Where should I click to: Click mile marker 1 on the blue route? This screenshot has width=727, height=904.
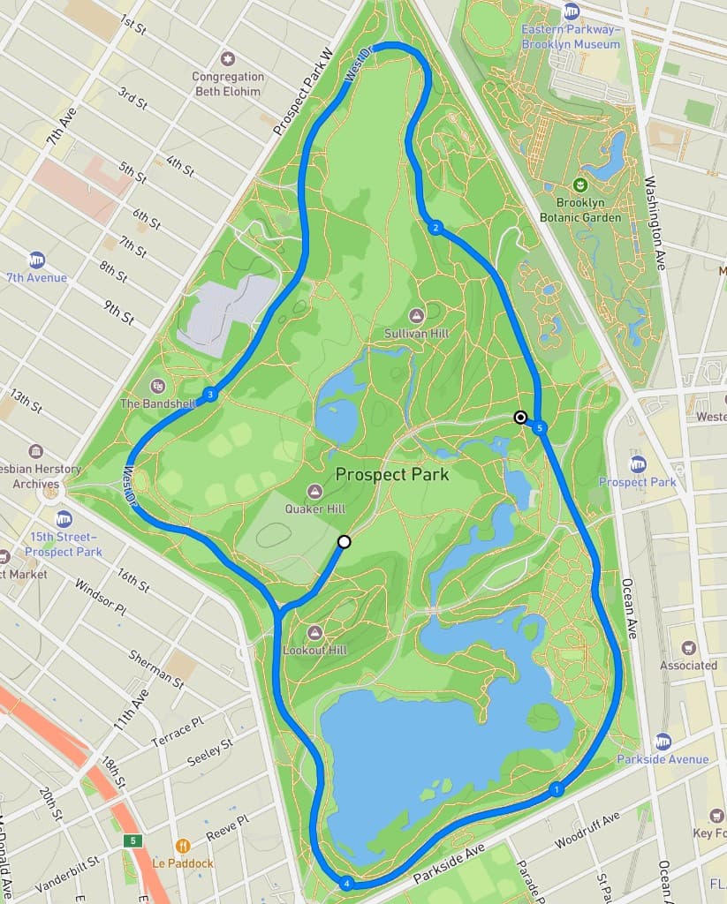pyautogui.click(x=556, y=789)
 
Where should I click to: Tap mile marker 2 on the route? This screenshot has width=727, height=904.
pyautogui.click(x=435, y=229)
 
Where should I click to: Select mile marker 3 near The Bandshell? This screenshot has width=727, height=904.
pyautogui.click(x=210, y=395)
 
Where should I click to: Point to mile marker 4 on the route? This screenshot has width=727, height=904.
pyautogui.click(x=346, y=883)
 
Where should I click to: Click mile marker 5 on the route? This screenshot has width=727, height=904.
pyautogui.click(x=541, y=428)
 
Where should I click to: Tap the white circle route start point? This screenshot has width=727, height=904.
pyautogui.click(x=345, y=542)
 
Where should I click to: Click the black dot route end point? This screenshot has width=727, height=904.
pyautogui.click(x=521, y=417)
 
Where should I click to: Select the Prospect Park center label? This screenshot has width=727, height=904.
pyautogui.click(x=392, y=475)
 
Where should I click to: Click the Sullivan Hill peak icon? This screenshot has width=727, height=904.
pyautogui.click(x=417, y=315)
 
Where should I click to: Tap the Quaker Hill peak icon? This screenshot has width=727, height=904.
pyautogui.click(x=314, y=491)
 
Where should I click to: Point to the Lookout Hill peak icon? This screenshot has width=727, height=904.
pyautogui.click(x=315, y=632)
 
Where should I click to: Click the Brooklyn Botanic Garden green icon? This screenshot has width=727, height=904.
pyautogui.click(x=580, y=185)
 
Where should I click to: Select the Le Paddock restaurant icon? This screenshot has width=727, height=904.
pyautogui.click(x=183, y=846)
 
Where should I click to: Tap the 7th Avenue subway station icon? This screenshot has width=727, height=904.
pyautogui.click(x=36, y=260)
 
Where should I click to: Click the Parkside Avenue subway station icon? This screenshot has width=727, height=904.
pyautogui.click(x=663, y=741)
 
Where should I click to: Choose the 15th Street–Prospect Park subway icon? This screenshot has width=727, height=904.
pyautogui.click(x=63, y=518)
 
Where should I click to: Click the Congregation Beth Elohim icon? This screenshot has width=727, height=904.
pyautogui.click(x=228, y=58)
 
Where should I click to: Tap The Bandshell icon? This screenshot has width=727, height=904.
pyautogui.click(x=158, y=386)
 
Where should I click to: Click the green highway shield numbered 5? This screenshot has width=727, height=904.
pyautogui.click(x=133, y=840)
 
